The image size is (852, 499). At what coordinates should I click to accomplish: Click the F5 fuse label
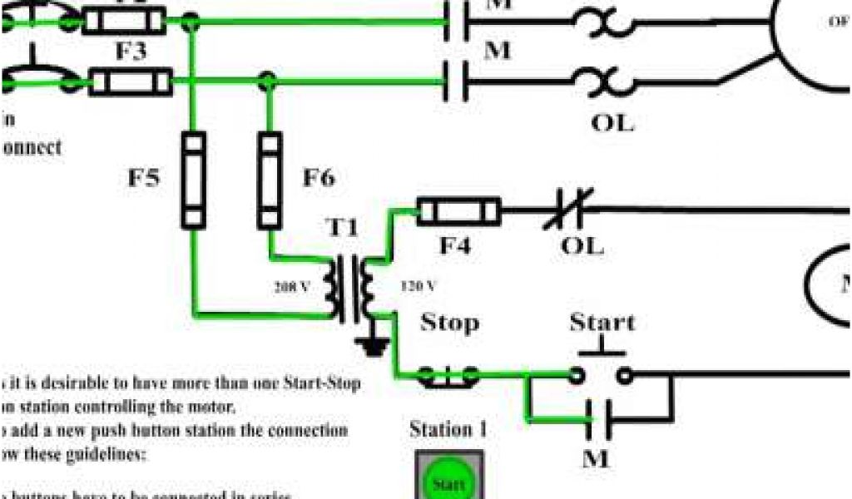point(143,179)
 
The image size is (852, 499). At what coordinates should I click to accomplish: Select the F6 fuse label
point(319,178)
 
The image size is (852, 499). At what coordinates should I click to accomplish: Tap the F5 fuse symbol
point(193,180)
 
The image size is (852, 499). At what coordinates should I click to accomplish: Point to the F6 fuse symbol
point(270,180)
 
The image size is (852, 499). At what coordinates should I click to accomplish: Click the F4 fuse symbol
point(458,211)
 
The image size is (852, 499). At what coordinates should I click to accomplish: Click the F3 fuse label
point(131,52)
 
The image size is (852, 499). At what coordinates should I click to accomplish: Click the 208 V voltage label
point(293,286)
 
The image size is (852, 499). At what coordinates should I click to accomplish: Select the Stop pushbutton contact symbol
point(448,376)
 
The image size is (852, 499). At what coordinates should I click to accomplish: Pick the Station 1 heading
point(448,430)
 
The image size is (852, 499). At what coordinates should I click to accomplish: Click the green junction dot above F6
point(267,81)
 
